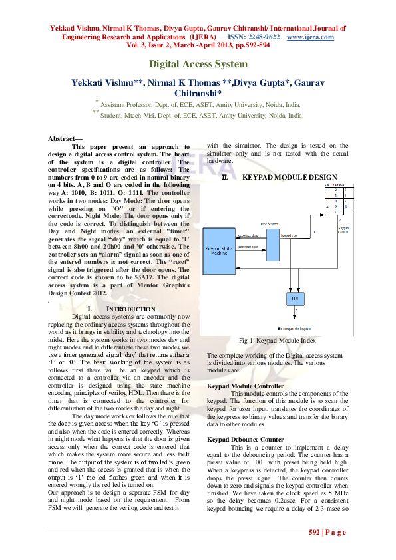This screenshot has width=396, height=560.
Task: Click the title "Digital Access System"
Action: coord(198,64)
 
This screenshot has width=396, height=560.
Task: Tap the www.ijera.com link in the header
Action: coord(309,37)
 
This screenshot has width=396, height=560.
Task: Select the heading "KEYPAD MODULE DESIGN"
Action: coord(290,178)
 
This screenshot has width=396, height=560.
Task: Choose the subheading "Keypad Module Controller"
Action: coord(246,386)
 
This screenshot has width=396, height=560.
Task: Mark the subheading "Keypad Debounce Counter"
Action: coord(245,439)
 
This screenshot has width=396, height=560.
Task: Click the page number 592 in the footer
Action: coord(315,533)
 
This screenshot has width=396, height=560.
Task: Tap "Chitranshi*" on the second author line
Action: coord(198,94)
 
